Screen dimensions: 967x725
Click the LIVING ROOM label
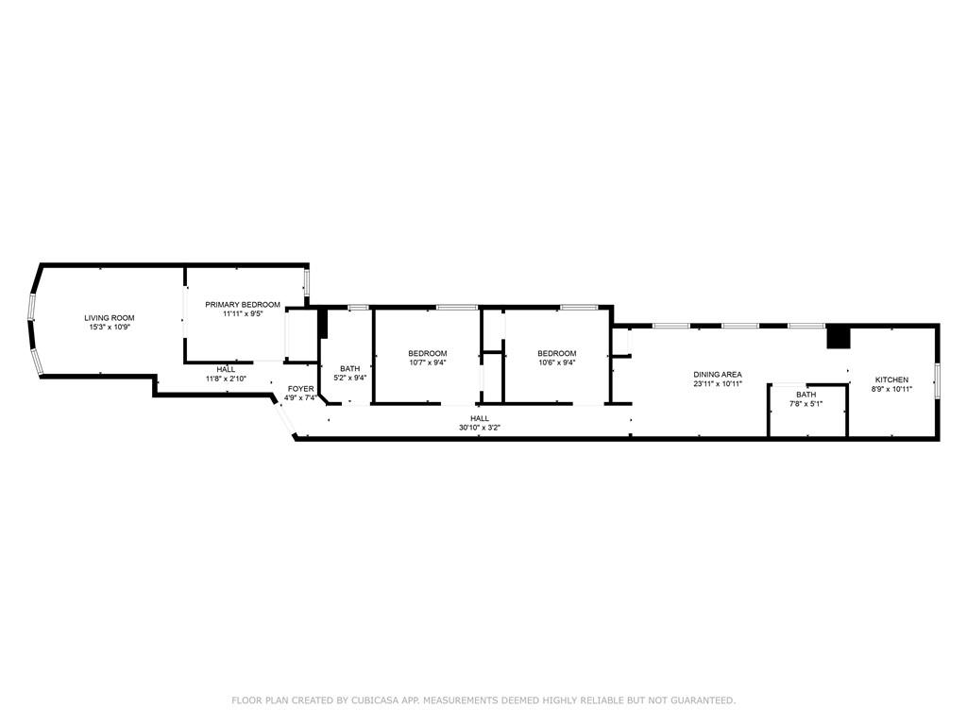[x=110, y=318]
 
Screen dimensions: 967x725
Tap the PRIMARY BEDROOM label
[x=243, y=305]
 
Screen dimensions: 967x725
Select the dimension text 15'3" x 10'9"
[x=110, y=328]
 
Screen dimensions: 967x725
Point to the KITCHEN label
[x=891, y=379]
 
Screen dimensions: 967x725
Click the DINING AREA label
[x=718, y=374]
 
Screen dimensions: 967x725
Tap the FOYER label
[x=301, y=389]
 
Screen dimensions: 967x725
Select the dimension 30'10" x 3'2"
[x=479, y=428]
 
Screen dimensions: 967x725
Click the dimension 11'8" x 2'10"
[x=226, y=379]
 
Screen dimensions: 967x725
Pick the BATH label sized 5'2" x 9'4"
[x=349, y=369]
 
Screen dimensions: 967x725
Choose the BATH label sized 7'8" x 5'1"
[x=806, y=395]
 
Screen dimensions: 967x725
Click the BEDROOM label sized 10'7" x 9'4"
[x=428, y=353]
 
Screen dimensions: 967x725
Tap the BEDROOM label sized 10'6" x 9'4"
[x=557, y=353]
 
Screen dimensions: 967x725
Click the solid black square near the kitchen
[x=839, y=337]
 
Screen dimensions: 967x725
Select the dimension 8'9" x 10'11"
[x=891, y=389]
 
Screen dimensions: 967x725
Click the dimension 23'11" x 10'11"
[x=718, y=383]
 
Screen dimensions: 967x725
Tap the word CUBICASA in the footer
[x=374, y=700]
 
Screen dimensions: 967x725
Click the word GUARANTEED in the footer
[x=704, y=700]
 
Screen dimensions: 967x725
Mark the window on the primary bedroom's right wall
[x=306, y=280]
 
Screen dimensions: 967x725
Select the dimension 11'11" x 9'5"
[x=243, y=313]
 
